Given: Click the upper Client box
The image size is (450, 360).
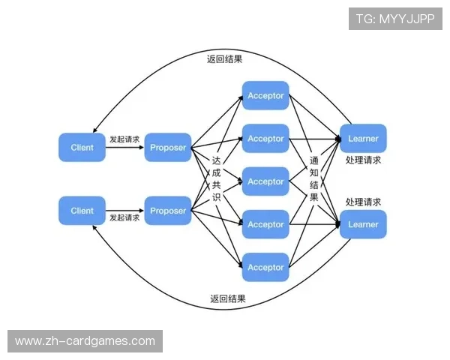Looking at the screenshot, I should (82, 147).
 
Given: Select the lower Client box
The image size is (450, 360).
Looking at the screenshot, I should (82, 211).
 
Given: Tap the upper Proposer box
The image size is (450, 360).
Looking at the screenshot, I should (167, 147).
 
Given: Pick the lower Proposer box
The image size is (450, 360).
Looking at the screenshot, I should (167, 211).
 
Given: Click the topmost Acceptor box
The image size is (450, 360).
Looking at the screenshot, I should (265, 96).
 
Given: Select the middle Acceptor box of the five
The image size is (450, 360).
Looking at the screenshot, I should (265, 181).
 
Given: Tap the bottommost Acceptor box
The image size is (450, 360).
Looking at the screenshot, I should (265, 268).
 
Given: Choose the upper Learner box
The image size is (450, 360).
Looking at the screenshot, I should (363, 139).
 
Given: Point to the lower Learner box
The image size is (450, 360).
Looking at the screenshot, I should (363, 224).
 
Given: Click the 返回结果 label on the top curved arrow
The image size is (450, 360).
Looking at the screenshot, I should (224, 58).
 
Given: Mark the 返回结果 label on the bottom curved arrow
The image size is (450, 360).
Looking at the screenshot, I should (228, 298).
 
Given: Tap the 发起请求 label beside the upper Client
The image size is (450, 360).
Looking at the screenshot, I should (124, 139).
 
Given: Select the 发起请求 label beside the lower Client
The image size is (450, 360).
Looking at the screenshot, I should (124, 218).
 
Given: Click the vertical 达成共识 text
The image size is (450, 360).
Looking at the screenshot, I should (217, 179).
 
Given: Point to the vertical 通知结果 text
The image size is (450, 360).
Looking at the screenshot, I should (314, 179).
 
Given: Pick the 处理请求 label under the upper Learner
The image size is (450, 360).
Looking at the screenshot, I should (363, 160).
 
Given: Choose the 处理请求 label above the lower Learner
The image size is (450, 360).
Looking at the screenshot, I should (363, 202).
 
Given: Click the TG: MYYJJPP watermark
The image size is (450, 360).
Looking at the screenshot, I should (395, 19).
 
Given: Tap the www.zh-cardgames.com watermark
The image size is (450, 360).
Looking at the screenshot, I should (85, 341).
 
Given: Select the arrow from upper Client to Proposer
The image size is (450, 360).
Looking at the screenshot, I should (124, 148).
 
